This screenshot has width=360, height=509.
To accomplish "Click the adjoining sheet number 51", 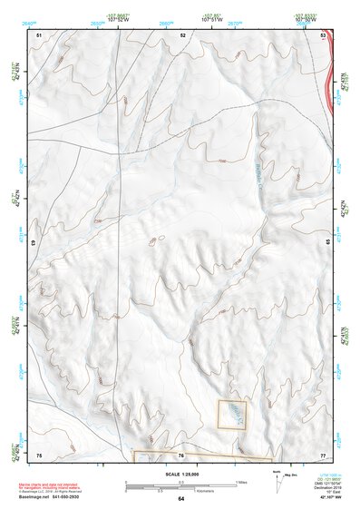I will tap(39, 34).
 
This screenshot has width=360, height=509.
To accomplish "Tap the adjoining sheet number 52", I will tap(183, 34).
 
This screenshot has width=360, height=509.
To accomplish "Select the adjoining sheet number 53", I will tap(324, 34).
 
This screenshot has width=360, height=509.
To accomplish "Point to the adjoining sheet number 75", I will tap(39, 454).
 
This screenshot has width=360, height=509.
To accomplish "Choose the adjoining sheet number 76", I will tap(181, 455).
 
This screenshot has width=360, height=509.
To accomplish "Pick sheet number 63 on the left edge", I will tap(35, 243).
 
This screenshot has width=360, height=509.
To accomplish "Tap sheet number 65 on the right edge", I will tap(327, 243).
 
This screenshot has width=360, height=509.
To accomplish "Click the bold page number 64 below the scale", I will tap(180, 499).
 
